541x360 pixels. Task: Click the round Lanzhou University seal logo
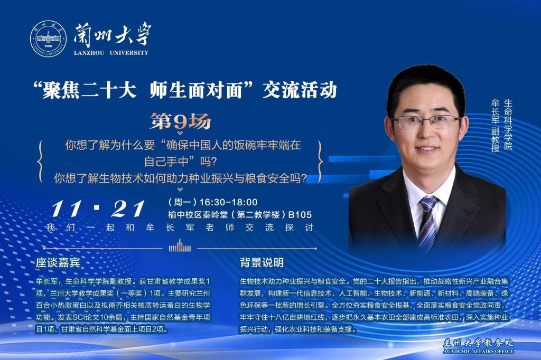click(48, 39)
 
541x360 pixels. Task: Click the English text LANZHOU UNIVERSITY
click(111, 53)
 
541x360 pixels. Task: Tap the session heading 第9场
click(180, 121)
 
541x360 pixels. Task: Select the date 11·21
click(98, 209)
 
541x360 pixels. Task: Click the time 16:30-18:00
click(228, 202)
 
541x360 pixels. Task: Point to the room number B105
click(300, 215)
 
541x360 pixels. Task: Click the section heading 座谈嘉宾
click(58, 263)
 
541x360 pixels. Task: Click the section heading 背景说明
click(262, 263)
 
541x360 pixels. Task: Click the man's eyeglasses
click(426, 122)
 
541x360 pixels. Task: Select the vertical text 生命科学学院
click(508, 124)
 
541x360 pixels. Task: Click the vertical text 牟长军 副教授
click(496, 126)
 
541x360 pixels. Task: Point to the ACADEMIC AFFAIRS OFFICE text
click(478, 352)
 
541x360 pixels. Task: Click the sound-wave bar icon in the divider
click(180, 247)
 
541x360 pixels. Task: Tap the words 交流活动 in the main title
click(300, 90)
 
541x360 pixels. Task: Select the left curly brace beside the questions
click(40, 161)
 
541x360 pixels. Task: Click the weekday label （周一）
click(182, 202)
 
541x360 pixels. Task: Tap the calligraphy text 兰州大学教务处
click(478, 343)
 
